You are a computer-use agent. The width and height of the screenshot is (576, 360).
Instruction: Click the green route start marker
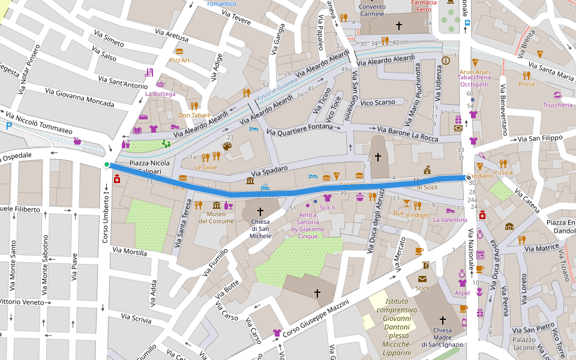(x=107, y=164)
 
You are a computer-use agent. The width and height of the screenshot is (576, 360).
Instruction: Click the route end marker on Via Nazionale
(x=468, y=177)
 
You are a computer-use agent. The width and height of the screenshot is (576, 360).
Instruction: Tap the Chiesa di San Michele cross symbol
(x=260, y=211)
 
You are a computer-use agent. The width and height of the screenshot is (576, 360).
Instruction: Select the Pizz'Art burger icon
(x=179, y=52)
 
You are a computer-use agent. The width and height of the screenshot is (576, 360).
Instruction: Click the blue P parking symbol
(x=8, y=126)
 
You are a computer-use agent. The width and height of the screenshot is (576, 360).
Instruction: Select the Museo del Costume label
(x=216, y=218)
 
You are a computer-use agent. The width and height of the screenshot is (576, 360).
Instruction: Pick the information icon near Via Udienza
(x=446, y=61)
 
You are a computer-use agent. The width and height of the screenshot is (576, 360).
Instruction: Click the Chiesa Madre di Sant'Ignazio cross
(x=443, y=320)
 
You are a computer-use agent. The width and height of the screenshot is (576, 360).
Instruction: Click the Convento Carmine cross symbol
(x=398, y=26)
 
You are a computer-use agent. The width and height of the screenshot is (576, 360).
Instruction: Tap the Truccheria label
(x=558, y=105)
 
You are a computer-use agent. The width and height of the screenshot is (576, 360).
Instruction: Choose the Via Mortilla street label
(x=129, y=253)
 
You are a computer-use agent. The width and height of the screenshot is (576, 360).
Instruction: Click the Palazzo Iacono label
(x=524, y=343)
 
